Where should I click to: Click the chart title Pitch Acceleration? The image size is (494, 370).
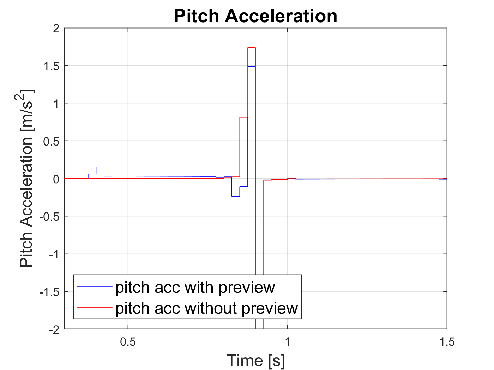[x=255, y=16]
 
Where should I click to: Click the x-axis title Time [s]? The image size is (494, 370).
[x=255, y=360]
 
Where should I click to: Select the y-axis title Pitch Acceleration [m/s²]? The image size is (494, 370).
[x=27, y=178]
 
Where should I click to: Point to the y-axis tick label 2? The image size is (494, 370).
[x=56, y=29]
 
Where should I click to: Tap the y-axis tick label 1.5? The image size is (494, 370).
[x=52, y=66]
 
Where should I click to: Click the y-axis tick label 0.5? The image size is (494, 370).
[x=52, y=141]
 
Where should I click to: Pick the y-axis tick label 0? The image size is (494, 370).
[x=56, y=179]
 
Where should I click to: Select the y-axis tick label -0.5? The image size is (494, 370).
[x=50, y=217]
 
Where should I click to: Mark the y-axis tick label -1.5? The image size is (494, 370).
[x=50, y=292]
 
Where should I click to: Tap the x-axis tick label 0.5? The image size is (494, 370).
[x=128, y=342]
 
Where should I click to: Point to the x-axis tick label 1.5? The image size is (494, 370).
[x=447, y=342]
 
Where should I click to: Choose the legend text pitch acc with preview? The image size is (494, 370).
[x=195, y=288]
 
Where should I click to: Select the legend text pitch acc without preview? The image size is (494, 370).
[x=206, y=308]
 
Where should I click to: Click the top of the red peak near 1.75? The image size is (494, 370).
[x=252, y=48]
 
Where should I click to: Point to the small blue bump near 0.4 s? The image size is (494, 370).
[x=100, y=167]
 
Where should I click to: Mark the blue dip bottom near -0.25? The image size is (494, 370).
[x=235, y=196]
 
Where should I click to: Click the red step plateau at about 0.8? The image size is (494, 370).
[x=243, y=117]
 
